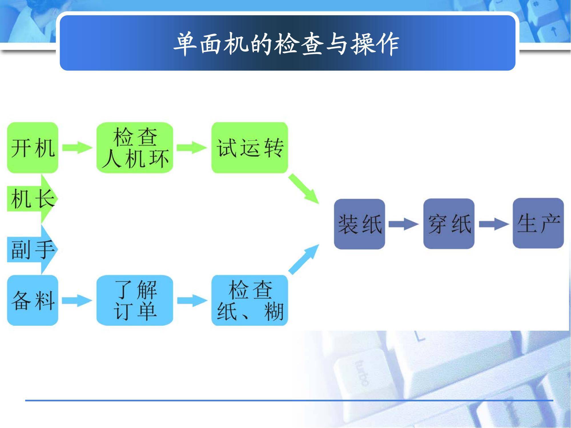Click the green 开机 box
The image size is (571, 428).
point(33,148)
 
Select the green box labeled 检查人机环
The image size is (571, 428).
point(135,148)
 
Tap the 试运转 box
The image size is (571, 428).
point(250,148)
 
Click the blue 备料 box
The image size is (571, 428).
point(33,300)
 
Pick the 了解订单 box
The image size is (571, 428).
point(135,300)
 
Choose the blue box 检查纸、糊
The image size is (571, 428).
point(250,300)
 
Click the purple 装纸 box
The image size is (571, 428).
point(359,224)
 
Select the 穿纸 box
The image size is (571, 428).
point(449,224)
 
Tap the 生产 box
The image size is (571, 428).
point(538,223)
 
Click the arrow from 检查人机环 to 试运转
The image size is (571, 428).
point(192,148)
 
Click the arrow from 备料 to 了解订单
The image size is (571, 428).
point(77,300)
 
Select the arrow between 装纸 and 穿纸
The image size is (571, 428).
point(404,224)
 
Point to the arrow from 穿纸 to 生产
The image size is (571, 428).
point(493,224)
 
